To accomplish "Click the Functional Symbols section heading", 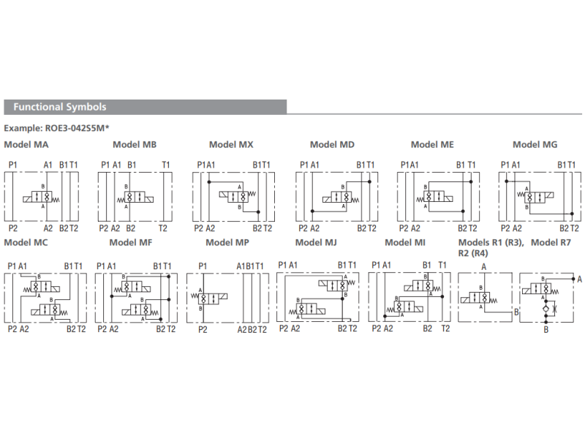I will pos(60,107).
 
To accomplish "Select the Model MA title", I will pos(26,145).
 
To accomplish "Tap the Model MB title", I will pos(135,145).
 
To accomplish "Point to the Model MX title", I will pos(231,145).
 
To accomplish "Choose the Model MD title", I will pos(332,145).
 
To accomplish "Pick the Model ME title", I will pos(432,145).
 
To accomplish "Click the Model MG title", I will pos(535,145).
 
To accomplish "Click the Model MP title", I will pos(227,242).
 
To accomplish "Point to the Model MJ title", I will pos(316,242).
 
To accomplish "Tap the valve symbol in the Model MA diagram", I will pos(44,197).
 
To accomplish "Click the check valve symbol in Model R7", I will pos(545,311).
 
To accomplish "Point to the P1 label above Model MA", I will pos(13,165).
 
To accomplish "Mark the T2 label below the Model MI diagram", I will pos(445,329).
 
